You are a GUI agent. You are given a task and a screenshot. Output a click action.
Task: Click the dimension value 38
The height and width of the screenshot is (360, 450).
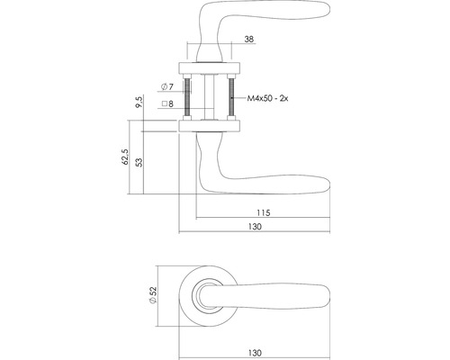[249, 39]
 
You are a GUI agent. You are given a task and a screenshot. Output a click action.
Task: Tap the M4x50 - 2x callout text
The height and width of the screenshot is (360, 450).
[267, 98]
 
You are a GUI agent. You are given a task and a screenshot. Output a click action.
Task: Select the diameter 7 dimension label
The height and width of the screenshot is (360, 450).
[167, 87]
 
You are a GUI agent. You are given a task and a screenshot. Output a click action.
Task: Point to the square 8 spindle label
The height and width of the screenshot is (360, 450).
[167, 103]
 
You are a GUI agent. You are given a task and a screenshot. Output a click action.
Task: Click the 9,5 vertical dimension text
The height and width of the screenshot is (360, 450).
[139, 103]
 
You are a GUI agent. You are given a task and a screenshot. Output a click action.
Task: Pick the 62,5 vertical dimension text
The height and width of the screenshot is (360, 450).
[125, 157]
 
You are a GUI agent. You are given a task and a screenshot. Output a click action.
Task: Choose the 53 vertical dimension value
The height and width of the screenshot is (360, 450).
[139, 162]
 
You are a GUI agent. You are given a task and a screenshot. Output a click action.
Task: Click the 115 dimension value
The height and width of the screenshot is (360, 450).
[264, 212]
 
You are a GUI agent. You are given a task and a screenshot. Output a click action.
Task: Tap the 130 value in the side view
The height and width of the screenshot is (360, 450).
[255, 227]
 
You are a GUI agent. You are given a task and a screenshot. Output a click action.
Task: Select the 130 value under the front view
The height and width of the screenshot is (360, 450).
[255, 353]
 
